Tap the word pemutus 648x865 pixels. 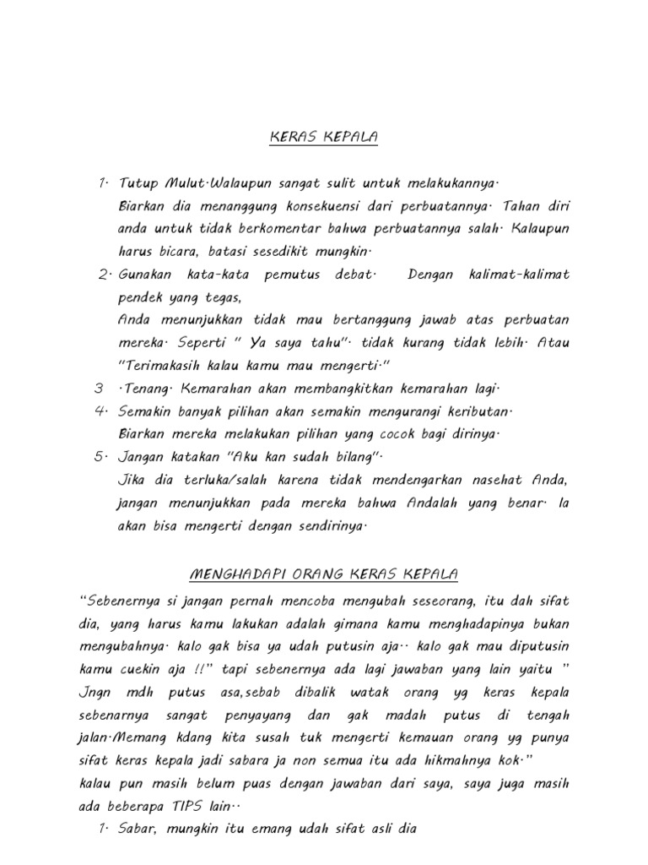(x=285, y=275)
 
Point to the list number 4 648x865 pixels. (x=100, y=411)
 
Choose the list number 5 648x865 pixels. (x=100, y=457)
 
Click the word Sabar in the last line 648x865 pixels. (x=142, y=829)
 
